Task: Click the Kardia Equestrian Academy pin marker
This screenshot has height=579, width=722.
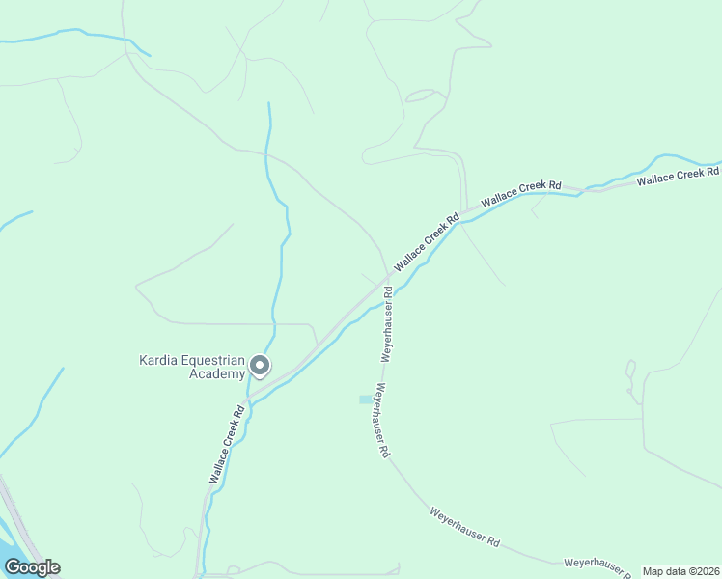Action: point(259,366)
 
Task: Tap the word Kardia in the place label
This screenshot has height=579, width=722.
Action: point(159,362)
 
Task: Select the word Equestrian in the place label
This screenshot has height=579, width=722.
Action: point(213,362)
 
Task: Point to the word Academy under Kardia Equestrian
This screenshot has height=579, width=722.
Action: point(216,374)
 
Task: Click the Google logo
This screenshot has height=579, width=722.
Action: point(33,567)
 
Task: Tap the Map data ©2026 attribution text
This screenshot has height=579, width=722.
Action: point(681,571)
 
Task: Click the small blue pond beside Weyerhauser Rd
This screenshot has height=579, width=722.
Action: point(365,399)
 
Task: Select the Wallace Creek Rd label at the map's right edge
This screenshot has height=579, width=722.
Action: point(678,176)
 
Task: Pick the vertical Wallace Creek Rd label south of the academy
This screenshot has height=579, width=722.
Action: point(225,444)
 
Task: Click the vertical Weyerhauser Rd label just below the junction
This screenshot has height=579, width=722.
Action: point(386,323)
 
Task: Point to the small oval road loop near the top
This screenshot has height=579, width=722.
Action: point(422,95)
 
